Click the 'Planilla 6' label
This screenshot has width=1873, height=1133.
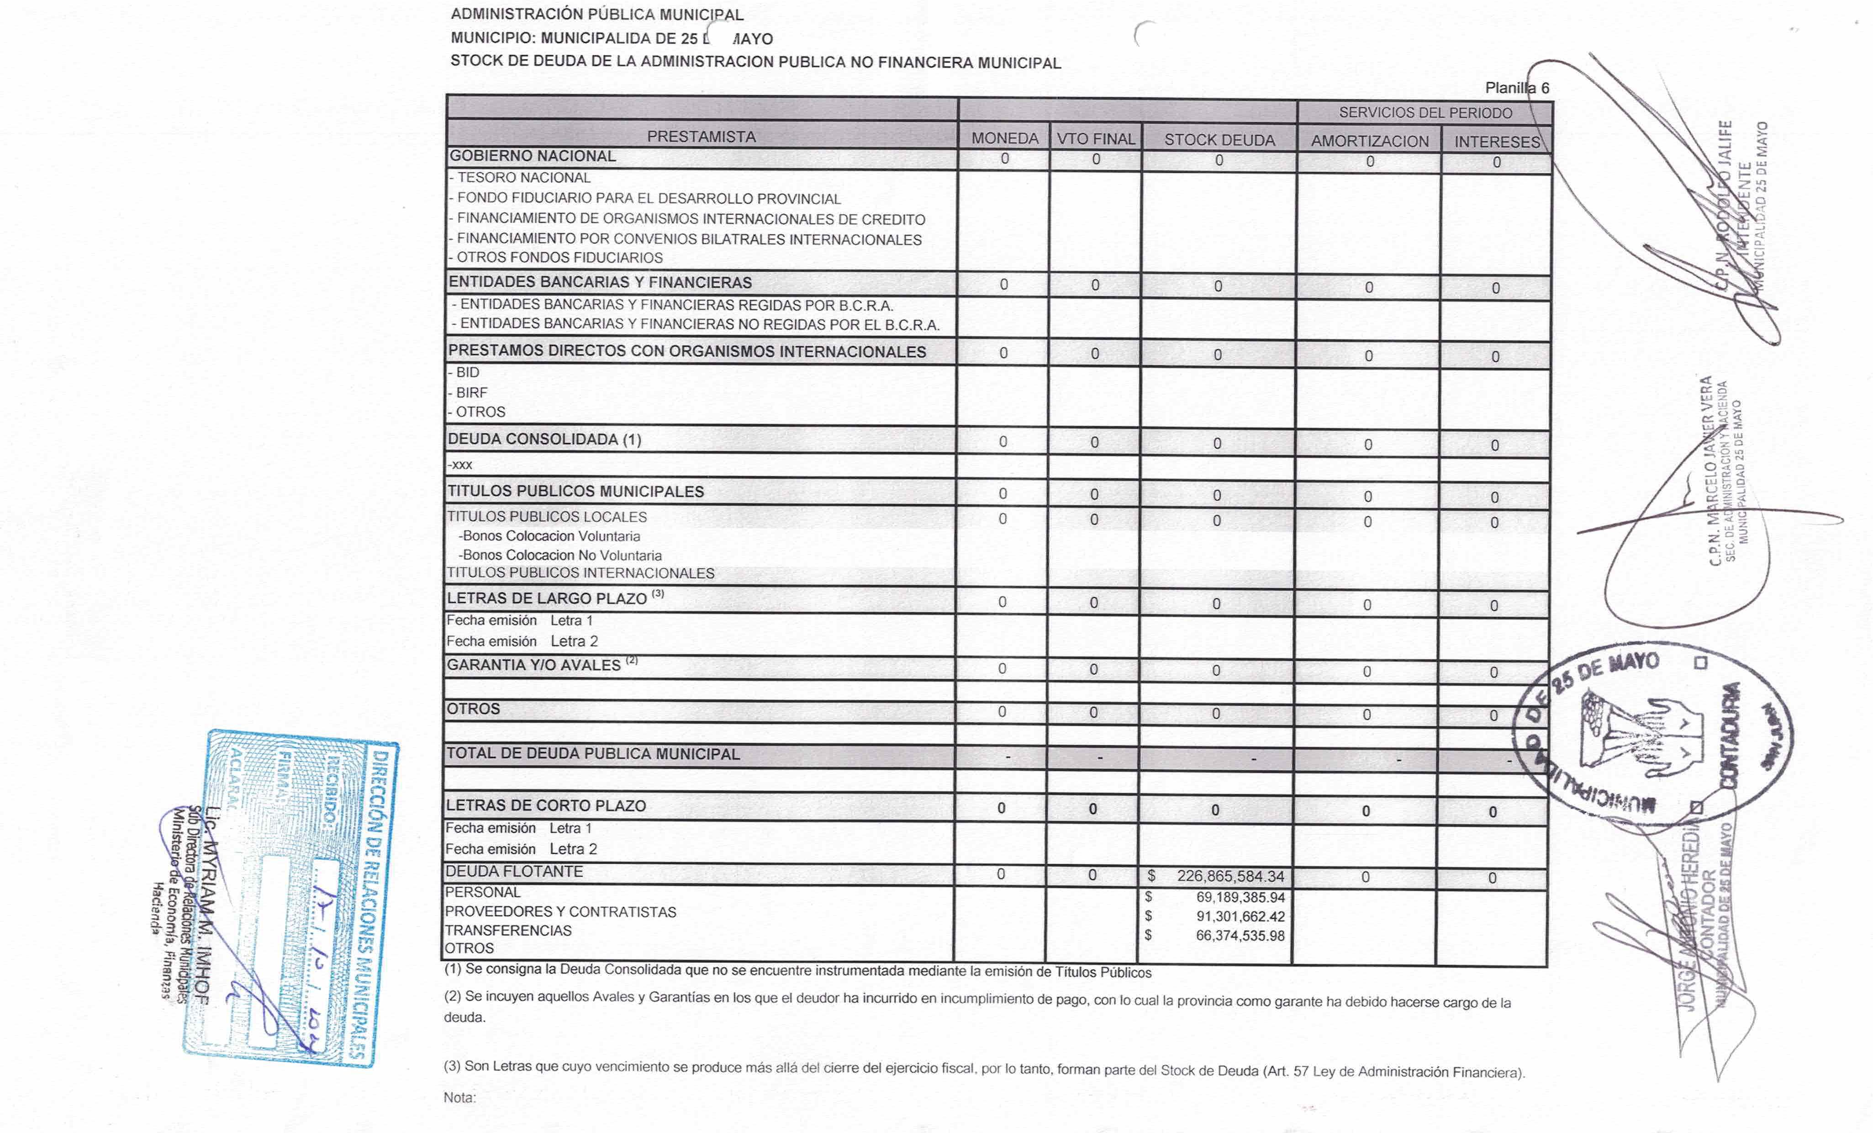[1516, 88]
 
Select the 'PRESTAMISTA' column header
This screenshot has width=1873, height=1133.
[701, 137]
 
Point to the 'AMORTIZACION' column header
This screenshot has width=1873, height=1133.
[1370, 142]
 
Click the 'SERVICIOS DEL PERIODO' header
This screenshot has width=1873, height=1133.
[1425, 112]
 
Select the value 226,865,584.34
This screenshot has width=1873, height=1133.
[1230, 876]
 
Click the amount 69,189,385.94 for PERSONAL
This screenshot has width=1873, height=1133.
[1240, 897]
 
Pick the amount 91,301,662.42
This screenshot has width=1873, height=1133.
[1240, 916]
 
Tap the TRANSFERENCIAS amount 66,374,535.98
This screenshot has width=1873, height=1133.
[1240, 935]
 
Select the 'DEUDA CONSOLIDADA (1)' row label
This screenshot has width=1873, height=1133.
[544, 439]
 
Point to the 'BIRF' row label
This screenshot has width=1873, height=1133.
[471, 392]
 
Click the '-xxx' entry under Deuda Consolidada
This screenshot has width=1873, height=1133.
[460, 465]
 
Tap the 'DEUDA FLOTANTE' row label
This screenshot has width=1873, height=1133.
[514, 871]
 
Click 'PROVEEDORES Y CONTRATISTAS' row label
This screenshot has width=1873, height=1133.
[560, 912]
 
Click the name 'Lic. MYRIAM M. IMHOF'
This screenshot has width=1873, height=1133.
[205, 905]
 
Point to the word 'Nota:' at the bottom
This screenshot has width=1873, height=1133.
[459, 1097]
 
